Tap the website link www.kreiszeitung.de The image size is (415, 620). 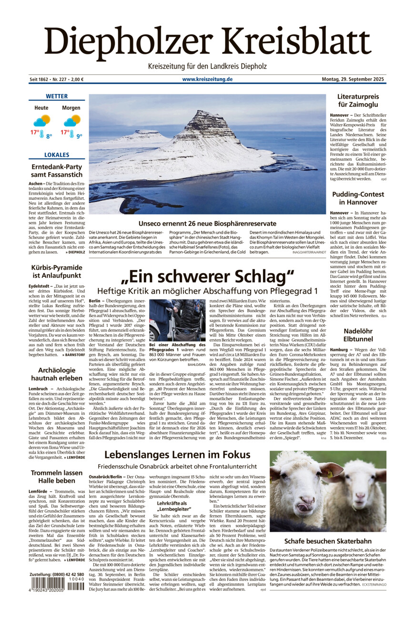pos(207,79)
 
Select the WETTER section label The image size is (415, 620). pos(57,96)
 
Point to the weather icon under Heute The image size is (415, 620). pos(41,121)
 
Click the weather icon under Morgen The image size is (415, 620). pos(72,121)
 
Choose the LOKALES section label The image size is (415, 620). pos(57,155)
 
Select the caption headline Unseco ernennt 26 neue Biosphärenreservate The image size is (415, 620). pos(207,223)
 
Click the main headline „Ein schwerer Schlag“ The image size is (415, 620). pos(207,277)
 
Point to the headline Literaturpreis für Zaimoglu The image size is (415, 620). pos(358,101)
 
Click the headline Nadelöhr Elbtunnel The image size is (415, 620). pos(358,335)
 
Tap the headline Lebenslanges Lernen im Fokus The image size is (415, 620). pos(177,455)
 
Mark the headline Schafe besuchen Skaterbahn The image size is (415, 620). pos(328,541)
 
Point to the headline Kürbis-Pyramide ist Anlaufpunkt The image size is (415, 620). pos(57,271)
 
